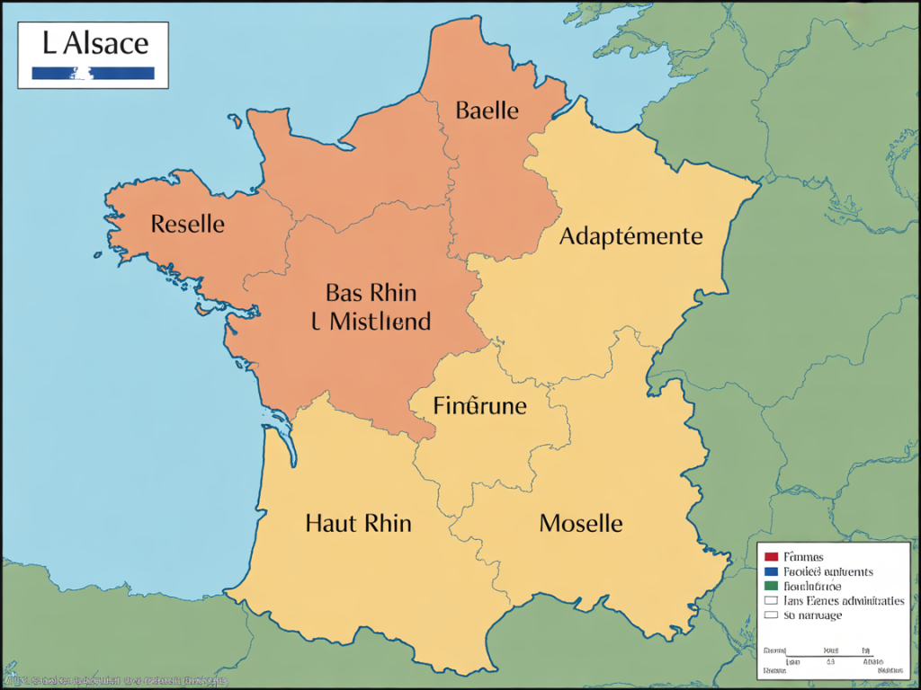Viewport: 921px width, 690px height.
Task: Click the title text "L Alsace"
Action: (93, 42)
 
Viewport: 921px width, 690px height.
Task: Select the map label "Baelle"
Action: (487, 111)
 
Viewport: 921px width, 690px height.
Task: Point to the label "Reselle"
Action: (188, 223)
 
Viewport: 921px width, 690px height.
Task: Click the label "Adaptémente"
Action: (630, 236)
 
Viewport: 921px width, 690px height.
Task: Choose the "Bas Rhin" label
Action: (371, 292)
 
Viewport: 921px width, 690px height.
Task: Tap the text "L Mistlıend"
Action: (371, 321)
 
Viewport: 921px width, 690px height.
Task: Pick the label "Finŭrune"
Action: (479, 405)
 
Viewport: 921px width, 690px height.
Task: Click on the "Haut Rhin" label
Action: (358, 522)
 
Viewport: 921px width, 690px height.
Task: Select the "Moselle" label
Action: (580, 522)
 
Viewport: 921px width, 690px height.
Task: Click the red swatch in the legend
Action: (771, 557)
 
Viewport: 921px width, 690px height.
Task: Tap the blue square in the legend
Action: (771, 571)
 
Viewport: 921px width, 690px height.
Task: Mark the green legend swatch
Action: (771, 586)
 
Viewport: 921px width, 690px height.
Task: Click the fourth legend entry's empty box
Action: (771, 600)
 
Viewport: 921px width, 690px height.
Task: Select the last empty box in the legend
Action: (771, 615)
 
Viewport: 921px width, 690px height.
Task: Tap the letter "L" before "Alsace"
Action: (47, 42)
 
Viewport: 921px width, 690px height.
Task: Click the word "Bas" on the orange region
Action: (342, 292)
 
